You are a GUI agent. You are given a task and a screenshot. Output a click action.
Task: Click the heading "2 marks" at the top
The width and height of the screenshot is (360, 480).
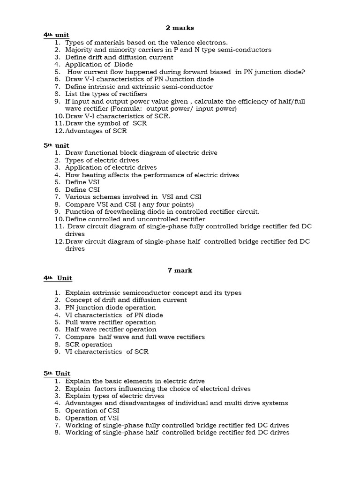tap(180, 28)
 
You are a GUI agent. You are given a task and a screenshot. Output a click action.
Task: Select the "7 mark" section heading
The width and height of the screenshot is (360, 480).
tap(180, 270)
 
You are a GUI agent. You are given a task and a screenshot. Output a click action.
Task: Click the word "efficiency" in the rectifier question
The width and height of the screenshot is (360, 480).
tap(247, 101)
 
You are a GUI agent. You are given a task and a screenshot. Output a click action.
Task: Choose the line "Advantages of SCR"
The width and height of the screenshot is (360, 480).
tap(96, 131)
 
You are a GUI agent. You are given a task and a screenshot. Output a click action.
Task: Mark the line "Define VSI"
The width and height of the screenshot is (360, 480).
tap(82, 182)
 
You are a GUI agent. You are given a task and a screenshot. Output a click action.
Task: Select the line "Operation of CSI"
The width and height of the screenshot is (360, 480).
tap(92, 411)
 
